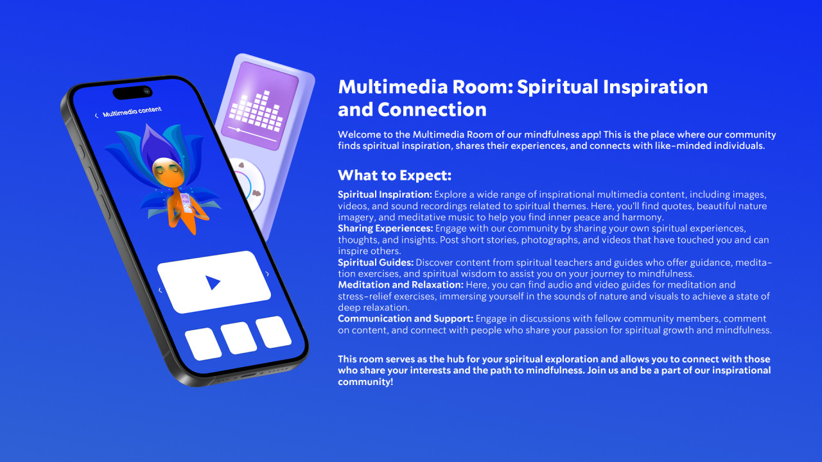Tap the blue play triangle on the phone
(x=212, y=283)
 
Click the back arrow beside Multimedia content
(x=96, y=116)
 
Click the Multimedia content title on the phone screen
(x=132, y=112)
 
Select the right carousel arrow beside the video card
(x=267, y=274)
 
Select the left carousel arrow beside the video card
(x=160, y=290)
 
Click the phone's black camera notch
(x=132, y=92)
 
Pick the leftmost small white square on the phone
(x=204, y=344)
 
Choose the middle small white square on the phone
(x=238, y=338)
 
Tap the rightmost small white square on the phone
(x=274, y=332)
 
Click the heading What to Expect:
(x=394, y=175)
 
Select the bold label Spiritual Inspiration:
(x=385, y=194)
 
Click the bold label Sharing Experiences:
(x=385, y=228)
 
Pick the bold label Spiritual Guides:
(x=376, y=262)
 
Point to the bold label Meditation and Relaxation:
(x=401, y=285)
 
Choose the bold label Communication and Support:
(x=405, y=319)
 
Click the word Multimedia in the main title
(x=393, y=87)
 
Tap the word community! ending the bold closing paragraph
(x=365, y=382)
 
